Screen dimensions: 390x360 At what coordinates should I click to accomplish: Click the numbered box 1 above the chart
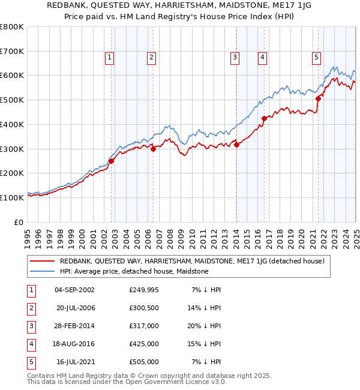coord(110,58)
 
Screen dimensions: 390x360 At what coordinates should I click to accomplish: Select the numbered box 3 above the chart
coord(235,58)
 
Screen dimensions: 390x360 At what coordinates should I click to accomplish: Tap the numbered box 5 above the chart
coord(316,58)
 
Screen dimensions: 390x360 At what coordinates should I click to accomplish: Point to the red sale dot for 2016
coord(264,118)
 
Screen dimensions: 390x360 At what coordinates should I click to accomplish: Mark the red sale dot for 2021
coord(318,98)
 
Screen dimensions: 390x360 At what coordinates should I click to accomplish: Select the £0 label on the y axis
coord(19,222)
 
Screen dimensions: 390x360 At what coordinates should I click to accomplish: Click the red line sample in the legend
coord(42,261)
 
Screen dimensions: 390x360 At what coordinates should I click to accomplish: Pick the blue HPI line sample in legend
coord(42,271)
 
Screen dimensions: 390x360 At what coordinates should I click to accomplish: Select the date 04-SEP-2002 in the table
coord(74,290)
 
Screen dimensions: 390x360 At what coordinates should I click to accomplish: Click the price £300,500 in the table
coord(143,308)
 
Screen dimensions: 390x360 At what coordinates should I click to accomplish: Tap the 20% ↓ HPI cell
coord(207,326)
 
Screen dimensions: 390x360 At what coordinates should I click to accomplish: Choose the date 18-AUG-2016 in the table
coord(74,344)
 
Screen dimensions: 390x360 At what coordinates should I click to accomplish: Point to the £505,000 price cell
coord(143,362)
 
